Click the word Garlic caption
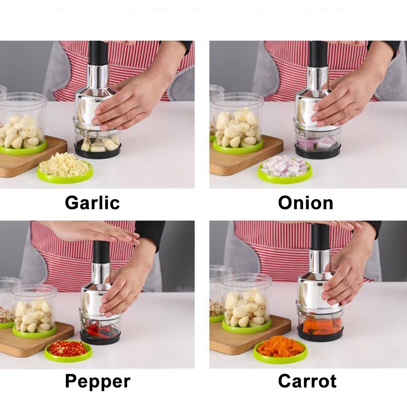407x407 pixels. (x=92, y=203)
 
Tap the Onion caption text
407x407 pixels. (x=305, y=203)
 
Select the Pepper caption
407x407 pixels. (x=98, y=382)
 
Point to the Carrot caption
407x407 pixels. (x=307, y=382)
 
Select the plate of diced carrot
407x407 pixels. (x=280, y=348)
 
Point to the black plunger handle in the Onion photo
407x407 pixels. (x=318, y=53)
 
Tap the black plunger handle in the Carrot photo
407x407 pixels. (x=320, y=236)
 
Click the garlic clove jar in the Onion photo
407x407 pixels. (x=237, y=122)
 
